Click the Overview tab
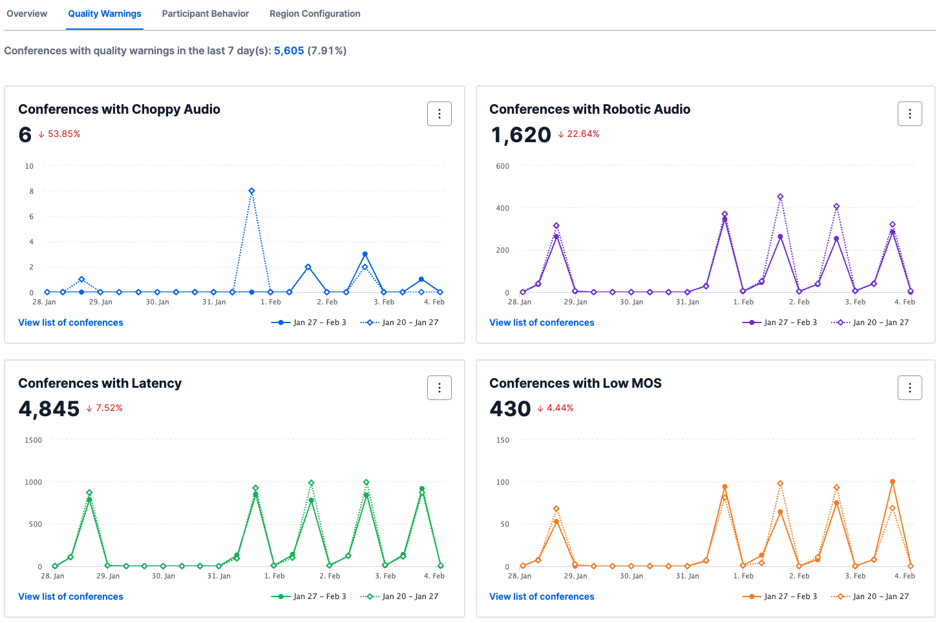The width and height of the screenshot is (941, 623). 26,14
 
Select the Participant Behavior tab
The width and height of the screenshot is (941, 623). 205,14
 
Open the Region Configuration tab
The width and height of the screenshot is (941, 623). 315,14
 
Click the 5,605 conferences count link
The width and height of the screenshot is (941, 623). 289,51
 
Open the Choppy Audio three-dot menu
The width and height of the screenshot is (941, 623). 439,114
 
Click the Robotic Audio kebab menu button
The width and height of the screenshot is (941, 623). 909,114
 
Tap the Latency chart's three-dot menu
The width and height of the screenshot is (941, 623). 439,388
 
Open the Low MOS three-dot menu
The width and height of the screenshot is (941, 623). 909,388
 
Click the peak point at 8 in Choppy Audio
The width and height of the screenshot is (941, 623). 251,191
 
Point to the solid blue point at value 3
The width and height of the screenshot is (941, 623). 365,254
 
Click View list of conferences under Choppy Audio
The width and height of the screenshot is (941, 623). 70,322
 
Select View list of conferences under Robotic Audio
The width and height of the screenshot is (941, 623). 542,322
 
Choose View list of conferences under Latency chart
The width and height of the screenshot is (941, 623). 70,597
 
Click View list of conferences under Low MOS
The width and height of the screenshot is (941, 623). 542,597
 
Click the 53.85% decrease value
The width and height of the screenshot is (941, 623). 63,134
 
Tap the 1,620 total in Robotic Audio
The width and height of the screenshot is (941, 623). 520,135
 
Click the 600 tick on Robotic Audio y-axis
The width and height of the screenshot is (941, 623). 502,166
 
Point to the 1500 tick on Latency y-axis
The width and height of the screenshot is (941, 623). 33,440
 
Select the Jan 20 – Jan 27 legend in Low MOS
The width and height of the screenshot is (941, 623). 880,597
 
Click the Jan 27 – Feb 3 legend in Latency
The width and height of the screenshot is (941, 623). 319,597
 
